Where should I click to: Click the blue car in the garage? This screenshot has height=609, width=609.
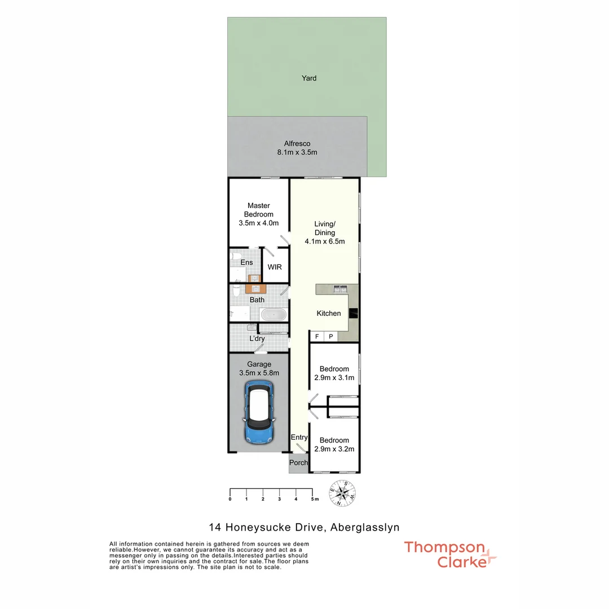[258, 412]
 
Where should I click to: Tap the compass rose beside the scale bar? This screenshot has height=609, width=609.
[342, 493]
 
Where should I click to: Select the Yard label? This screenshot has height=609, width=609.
[309, 78]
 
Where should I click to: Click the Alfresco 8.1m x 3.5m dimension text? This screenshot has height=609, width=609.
[297, 152]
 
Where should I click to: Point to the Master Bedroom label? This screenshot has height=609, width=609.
[258, 210]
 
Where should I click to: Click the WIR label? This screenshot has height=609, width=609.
[275, 267]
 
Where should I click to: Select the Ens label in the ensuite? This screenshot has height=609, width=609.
[246, 263]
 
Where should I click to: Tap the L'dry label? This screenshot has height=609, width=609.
[257, 338]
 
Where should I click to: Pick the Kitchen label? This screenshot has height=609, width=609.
[329, 314]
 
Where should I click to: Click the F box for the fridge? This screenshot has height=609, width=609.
[317, 337]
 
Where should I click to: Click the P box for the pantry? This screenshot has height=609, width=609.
[331, 337]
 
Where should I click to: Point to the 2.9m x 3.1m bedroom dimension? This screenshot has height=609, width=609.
[334, 378]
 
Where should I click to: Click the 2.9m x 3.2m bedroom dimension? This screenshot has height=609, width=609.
[334, 449]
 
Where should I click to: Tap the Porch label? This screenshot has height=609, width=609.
[298, 463]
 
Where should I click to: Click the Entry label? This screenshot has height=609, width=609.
[299, 438]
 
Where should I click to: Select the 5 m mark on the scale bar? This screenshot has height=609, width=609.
[312, 499]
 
